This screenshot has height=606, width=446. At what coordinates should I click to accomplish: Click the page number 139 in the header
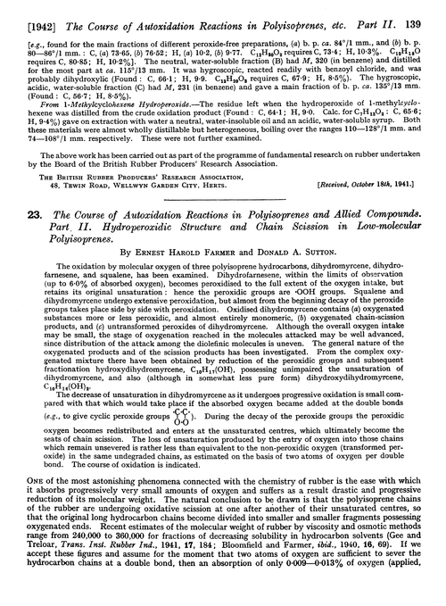click(x=430, y=10)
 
